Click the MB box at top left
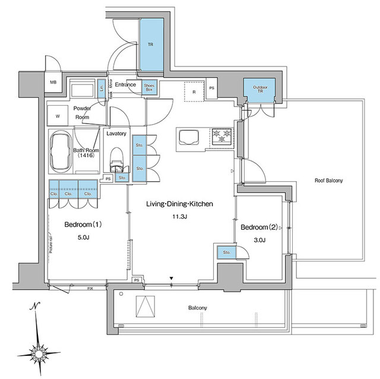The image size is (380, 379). point(53,83)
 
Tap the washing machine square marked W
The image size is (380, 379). point(58,116)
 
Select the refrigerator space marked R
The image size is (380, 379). point(194,92)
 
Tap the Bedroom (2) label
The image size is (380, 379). point(259,226)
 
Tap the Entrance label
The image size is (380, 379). point(126,85)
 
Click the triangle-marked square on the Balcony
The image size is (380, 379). point(144,307)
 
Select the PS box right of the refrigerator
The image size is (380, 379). point(212,90)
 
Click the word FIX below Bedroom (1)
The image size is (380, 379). point(90,289)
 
